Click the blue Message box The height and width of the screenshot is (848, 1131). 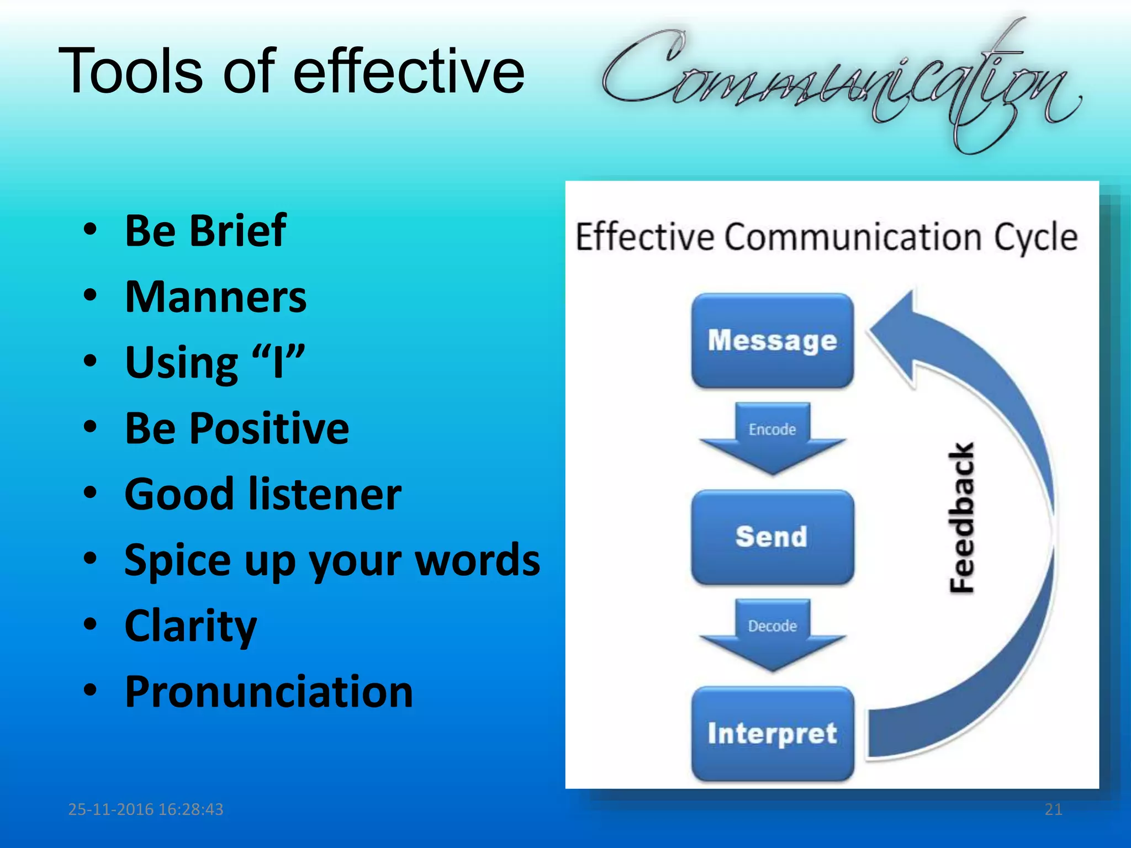[x=772, y=341]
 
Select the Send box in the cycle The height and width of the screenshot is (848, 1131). [x=772, y=537]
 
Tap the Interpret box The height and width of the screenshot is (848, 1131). [x=772, y=733]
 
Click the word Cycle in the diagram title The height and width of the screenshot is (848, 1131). [x=1035, y=237]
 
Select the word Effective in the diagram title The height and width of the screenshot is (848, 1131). [x=644, y=237]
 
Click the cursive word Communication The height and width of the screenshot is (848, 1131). [x=839, y=83]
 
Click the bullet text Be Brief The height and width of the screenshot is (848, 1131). [x=205, y=230]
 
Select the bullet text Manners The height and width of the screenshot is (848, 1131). [x=215, y=297]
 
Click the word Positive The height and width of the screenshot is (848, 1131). [x=269, y=428]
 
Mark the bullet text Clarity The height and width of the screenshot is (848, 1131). [x=191, y=626]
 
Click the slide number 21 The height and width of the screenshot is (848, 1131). [x=1053, y=809]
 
